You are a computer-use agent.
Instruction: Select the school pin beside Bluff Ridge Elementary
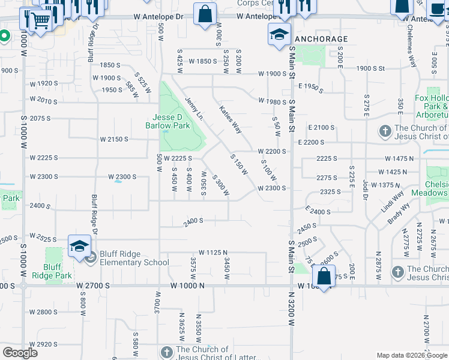click(79, 247)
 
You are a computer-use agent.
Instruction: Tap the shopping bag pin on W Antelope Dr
click(205, 14)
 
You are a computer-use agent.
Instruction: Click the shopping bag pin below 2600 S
click(324, 277)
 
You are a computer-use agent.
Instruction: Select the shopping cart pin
click(40, 22)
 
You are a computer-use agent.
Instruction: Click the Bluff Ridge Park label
click(58, 271)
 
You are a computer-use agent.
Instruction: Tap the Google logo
click(20, 353)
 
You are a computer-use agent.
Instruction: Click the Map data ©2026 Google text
click(411, 355)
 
